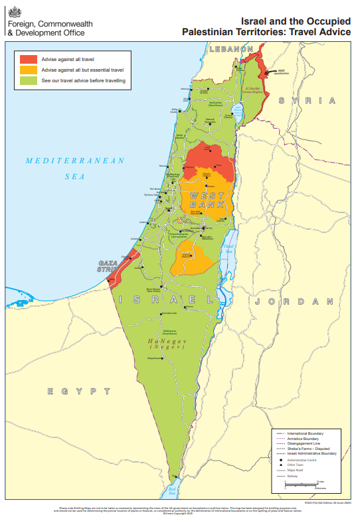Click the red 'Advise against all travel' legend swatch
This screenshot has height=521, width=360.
(29, 59)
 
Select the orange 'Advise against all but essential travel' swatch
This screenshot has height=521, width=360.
(29, 70)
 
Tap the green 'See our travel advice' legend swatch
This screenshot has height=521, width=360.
(29, 80)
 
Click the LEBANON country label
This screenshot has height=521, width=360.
(231, 49)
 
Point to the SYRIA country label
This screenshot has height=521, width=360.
(307, 100)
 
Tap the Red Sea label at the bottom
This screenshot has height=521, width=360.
(173, 491)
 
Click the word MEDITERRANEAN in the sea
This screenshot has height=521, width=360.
(75, 161)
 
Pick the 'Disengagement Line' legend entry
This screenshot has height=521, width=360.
(305, 443)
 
